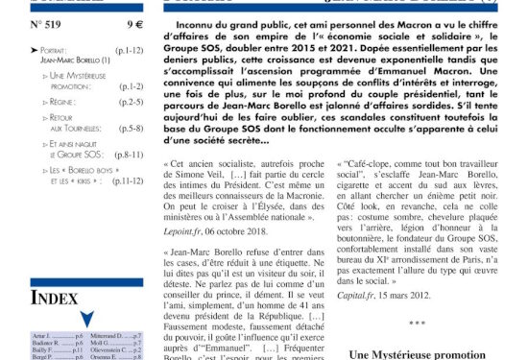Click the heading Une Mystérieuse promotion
(x=426, y=354)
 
